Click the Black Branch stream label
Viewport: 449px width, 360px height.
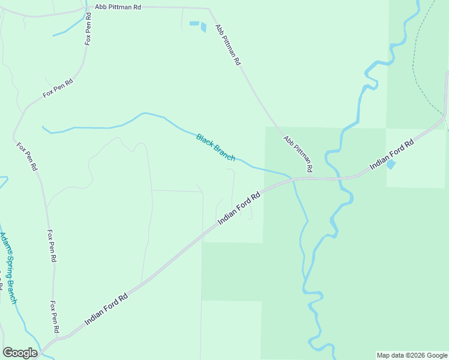click(215, 147)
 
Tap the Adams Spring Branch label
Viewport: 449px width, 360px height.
click(8, 268)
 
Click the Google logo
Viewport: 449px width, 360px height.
click(20, 353)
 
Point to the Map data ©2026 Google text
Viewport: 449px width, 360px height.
click(412, 355)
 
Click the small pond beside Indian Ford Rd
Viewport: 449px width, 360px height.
click(391, 164)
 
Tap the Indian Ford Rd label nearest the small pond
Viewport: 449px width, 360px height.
click(392, 155)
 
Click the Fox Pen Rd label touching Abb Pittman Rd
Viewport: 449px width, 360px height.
click(88, 29)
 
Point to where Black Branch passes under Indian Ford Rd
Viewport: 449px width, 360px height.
click(294, 179)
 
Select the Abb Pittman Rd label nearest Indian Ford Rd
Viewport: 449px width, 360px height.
click(298, 154)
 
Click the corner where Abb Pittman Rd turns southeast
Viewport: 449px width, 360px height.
click(209, 10)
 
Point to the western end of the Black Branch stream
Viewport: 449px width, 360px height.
click(43, 127)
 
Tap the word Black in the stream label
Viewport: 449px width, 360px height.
click(205, 140)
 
